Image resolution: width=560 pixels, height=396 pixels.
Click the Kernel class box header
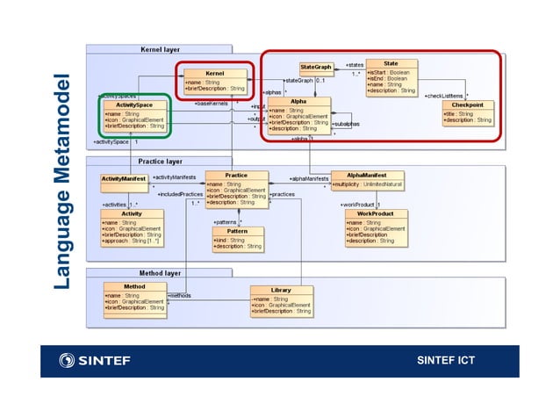click(215, 73)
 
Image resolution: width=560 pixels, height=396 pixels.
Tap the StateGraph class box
click(316, 67)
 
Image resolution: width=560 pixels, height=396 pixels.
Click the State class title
click(391, 63)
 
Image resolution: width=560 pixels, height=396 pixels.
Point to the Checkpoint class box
click(467, 104)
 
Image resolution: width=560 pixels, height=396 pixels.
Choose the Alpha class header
click(298, 102)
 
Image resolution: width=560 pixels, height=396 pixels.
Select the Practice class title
click(235, 176)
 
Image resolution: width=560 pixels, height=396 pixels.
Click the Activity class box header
click(132, 213)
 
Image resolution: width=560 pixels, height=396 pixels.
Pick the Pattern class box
click(237, 231)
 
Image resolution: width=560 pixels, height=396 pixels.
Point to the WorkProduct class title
click(375, 213)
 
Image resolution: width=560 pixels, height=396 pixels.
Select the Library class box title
click(281, 290)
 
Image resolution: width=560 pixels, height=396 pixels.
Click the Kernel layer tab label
click(160, 50)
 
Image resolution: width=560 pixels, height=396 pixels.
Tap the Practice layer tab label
click(161, 162)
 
